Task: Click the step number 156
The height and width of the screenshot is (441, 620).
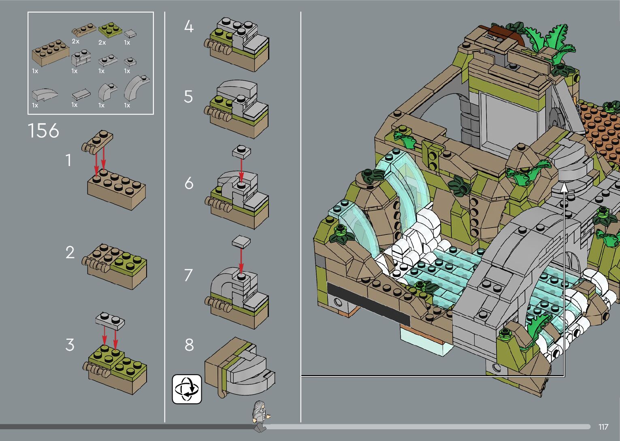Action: (43, 131)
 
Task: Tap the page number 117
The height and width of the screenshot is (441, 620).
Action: (603, 426)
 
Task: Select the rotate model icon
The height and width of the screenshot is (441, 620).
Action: (187, 389)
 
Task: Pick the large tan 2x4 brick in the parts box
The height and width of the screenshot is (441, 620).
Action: (51, 53)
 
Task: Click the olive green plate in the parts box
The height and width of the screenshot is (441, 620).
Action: (110, 30)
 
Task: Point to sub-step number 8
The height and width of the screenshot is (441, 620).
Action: (189, 345)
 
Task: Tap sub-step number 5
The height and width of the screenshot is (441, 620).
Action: (188, 97)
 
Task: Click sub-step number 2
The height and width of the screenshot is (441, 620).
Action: (70, 252)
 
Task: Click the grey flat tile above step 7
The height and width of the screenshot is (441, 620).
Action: (241, 241)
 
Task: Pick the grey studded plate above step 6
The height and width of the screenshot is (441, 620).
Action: (241, 152)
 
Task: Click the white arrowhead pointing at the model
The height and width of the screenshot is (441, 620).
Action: (564, 187)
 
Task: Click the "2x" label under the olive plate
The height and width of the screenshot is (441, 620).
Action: (102, 43)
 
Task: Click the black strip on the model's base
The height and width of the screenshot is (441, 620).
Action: (368, 304)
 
